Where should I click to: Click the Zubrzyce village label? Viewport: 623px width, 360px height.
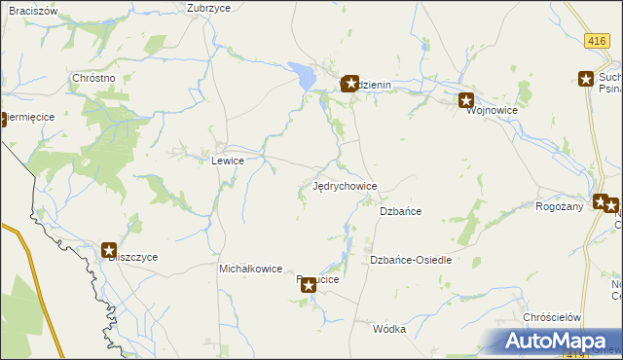click(207, 7)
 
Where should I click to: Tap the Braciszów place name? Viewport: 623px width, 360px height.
click(28, 10)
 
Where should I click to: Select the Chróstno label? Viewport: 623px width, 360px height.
click(94, 78)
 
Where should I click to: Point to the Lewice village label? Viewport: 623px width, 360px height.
click(227, 161)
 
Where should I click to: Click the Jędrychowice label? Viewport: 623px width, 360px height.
click(346, 186)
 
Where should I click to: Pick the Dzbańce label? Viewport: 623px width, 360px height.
click(400, 211)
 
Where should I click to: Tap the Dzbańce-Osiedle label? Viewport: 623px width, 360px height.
click(410, 261)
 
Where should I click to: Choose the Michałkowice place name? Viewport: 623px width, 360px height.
click(250, 269)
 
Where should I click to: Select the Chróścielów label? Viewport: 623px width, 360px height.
click(552, 318)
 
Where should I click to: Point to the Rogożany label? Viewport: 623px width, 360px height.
click(559, 206)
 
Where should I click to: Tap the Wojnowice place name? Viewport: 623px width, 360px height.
click(492, 111)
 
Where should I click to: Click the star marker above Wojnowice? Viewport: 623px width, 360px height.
click(466, 99)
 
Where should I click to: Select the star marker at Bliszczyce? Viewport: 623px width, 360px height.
click(109, 250)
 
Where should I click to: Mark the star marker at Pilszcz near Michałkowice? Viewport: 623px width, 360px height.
click(309, 285)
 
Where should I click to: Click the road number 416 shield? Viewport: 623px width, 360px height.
click(598, 41)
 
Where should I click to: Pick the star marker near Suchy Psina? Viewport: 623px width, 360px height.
click(586, 80)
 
